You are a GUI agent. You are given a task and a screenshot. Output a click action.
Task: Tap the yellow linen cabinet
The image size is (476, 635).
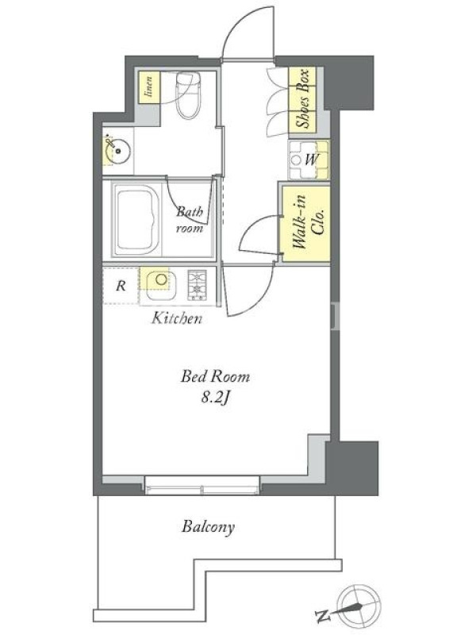(149, 87)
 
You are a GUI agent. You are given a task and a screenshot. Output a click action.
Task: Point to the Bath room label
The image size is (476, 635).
(190, 220)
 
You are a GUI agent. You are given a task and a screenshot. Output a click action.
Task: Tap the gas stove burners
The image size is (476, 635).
(197, 284)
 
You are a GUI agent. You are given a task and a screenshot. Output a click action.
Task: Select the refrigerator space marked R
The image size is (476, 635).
(121, 286)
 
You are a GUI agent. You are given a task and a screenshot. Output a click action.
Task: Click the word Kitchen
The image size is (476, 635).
(177, 318)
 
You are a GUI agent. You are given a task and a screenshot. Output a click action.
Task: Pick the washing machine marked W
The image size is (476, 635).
(309, 160)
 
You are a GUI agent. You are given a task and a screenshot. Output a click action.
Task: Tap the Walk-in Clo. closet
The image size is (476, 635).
(305, 223)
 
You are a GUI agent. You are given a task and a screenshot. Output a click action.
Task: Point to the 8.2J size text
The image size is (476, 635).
(216, 398)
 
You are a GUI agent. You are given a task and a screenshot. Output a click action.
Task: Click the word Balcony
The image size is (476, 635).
(208, 526)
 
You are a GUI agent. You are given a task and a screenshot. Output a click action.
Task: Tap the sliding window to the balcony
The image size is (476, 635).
(202, 485)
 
